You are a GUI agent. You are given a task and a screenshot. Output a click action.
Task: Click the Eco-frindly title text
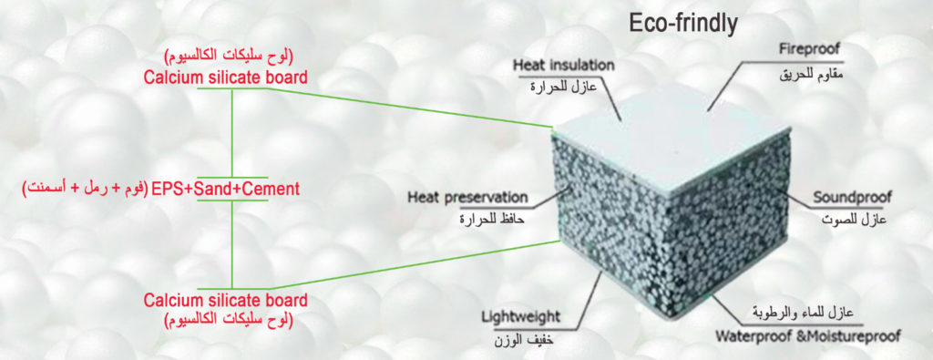[683, 25]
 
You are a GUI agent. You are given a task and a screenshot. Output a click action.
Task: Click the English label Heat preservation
[467, 197]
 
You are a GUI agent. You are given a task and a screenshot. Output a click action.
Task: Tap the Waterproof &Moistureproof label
[807, 335]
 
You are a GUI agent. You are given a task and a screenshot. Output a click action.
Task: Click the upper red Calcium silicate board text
[226, 77]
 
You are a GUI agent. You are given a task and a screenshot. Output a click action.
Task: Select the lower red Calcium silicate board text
[226, 299]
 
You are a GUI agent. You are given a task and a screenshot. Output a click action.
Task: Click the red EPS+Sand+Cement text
[225, 190]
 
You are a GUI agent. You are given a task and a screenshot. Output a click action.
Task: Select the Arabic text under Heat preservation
[493, 219]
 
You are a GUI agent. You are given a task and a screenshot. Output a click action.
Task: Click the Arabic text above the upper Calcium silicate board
[229, 58]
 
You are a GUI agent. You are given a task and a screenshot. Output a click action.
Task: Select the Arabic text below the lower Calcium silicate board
[229, 320]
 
